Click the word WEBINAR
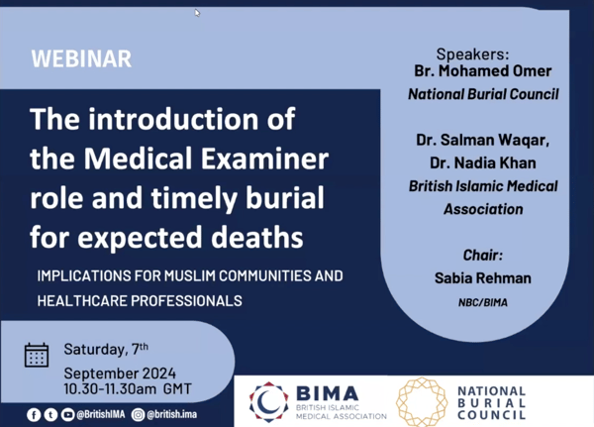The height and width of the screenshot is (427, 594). [81, 58]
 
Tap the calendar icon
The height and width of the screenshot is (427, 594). [37, 355]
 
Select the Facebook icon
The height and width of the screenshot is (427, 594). [34, 415]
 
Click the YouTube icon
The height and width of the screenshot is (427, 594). [67, 415]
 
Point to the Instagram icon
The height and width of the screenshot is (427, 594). [138, 415]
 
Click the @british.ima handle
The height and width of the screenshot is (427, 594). [171, 414]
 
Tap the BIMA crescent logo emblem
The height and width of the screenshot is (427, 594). [268, 402]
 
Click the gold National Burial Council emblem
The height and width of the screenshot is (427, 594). [422, 402]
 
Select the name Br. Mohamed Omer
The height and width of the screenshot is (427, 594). [483, 71]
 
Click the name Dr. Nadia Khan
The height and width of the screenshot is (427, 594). [483, 163]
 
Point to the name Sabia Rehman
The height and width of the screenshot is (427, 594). [483, 278]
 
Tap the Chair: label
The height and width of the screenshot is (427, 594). [483, 256]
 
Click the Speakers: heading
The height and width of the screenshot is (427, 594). [473, 54]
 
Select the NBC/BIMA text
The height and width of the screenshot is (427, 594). [483, 302]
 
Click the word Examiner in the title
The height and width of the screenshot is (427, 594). [264, 159]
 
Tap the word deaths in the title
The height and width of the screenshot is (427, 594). [256, 238]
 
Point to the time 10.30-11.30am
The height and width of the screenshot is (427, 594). [110, 389]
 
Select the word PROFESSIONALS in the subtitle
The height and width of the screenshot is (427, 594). [186, 301]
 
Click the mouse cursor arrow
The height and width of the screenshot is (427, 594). [197, 13]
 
